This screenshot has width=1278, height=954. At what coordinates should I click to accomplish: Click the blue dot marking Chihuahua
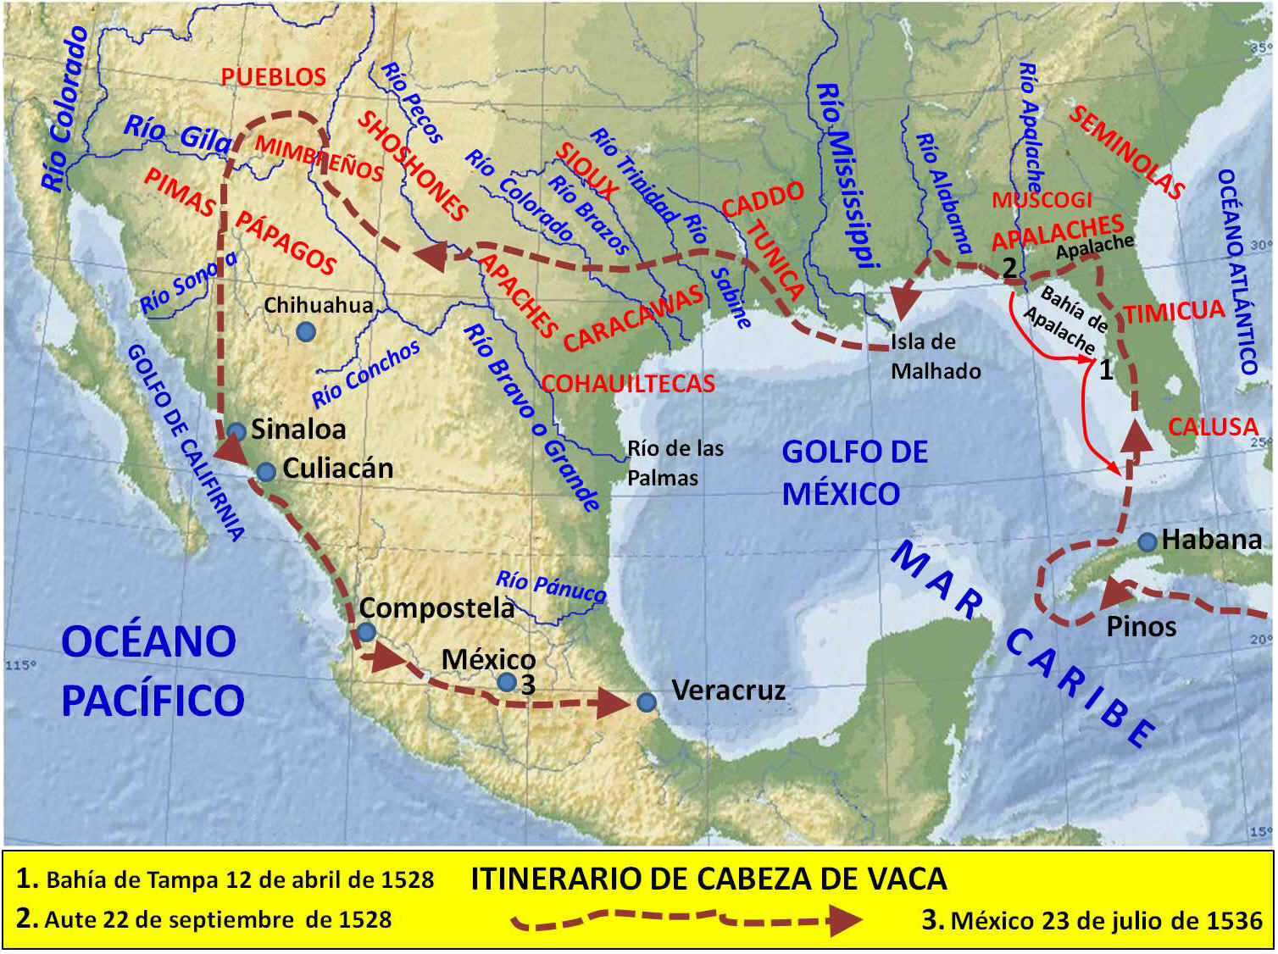306,332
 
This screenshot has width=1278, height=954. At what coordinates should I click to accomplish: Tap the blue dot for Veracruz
646,702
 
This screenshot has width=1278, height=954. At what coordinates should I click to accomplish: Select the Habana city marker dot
1147,542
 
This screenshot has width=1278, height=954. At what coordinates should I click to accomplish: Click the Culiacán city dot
266,471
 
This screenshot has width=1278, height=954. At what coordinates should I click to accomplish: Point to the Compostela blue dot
366,632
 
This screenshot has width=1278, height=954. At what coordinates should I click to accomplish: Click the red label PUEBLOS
273,77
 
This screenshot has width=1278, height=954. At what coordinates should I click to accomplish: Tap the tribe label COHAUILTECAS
628,384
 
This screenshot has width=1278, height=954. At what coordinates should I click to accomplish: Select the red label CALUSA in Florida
1212,426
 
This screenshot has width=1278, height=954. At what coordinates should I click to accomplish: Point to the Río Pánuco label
551,585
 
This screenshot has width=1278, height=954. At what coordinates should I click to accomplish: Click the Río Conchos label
365,374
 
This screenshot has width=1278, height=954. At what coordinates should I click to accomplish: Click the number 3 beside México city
528,685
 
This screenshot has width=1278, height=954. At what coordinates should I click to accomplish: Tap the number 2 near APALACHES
1009,268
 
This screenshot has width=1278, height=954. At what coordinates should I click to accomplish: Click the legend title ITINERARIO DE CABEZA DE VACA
708,879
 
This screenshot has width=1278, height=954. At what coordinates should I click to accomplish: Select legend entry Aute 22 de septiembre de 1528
203,919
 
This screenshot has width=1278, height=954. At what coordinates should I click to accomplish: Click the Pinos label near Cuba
1141,627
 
